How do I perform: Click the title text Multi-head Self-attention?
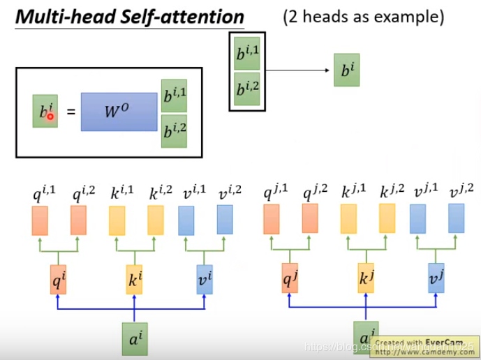click(x=130, y=16)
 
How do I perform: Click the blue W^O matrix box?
click(x=119, y=112)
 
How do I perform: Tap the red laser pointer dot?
click(x=50, y=117)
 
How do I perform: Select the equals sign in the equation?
click(x=70, y=112)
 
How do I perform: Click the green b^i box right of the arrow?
click(x=346, y=70)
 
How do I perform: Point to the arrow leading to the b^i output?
click(x=297, y=70)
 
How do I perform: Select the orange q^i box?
click(x=59, y=278)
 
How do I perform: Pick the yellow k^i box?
click(x=134, y=278)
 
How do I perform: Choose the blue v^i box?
click(x=205, y=278)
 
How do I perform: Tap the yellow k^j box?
click(x=366, y=278)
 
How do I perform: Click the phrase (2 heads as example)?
click(x=363, y=17)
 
